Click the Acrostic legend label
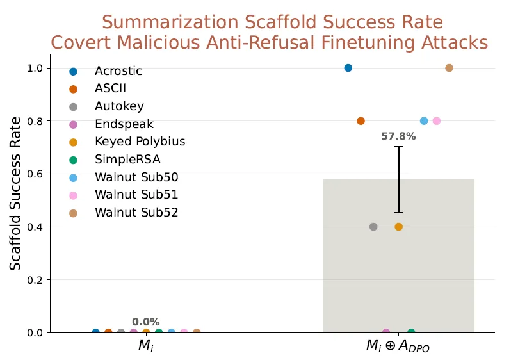pyautogui.click(x=118, y=70)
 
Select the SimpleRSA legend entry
pyautogui.click(x=127, y=159)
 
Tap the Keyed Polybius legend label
pyautogui.click(x=140, y=142)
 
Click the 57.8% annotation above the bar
pyautogui.click(x=398, y=136)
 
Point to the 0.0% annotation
pyautogui.click(x=145, y=322)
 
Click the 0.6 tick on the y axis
pyautogui.click(x=35, y=174)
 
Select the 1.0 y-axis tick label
pyautogui.click(x=35, y=69)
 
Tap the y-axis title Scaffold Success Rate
pyautogui.click(x=15, y=193)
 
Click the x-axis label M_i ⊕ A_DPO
pyautogui.click(x=398, y=346)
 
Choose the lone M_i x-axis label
pyautogui.click(x=145, y=345)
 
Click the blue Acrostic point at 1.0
pyautogui.click(x=348, y=68)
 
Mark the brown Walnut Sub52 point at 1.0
pyautogui.click(x=449, y=68)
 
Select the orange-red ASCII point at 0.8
pyautogui.click(x=361, y=121)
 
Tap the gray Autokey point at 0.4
pyautogui.click(x=373, y=227)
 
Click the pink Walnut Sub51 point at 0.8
pyautogui.click(x=436, y=121)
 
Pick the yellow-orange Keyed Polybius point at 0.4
pyautogui.click(x=398, y=227)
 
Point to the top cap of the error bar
pyautogui.click(x=398, y=147)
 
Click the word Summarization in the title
pyautogui.click(x=171, y=22)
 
